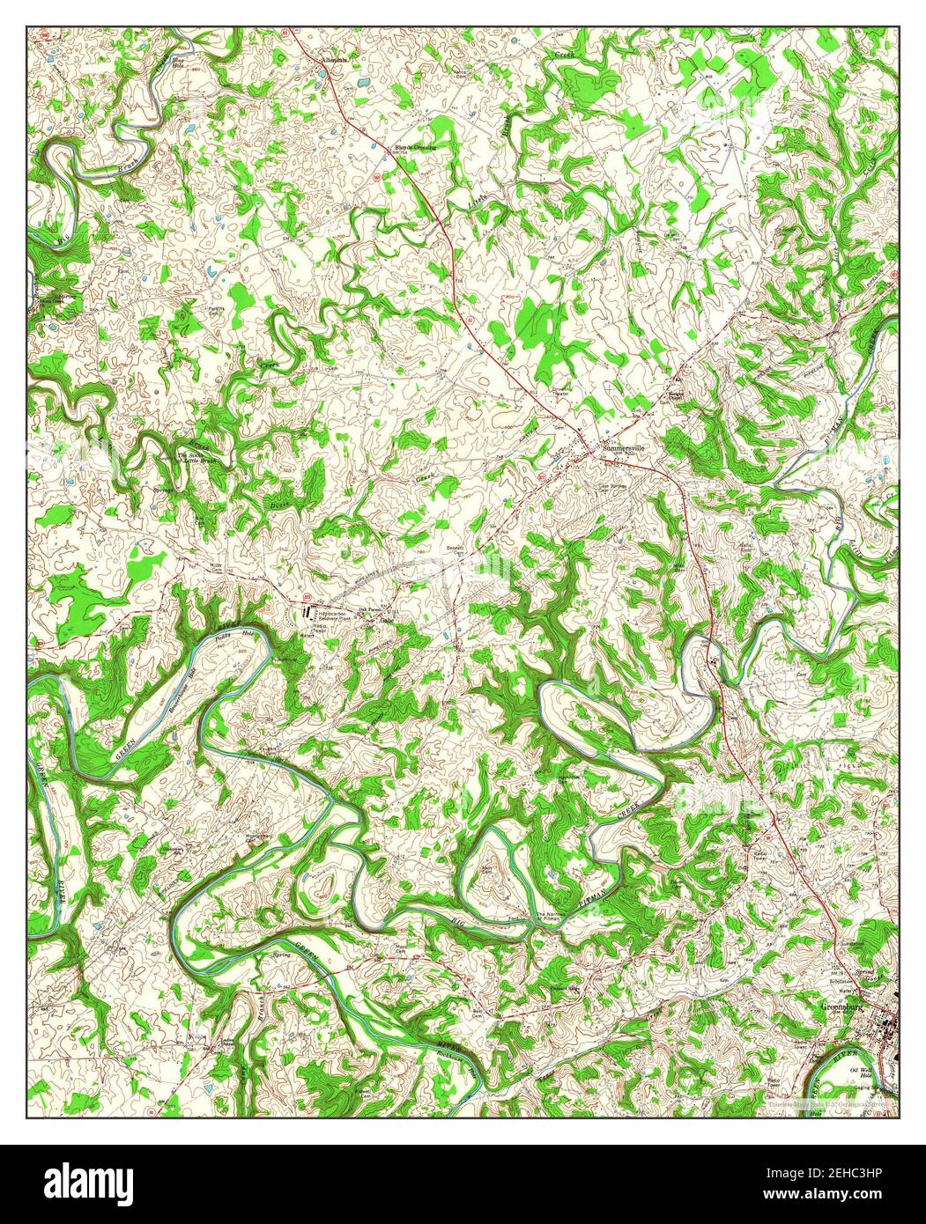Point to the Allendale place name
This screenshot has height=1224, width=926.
point(335,60)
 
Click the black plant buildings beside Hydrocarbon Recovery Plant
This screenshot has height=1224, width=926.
point(306,610)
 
